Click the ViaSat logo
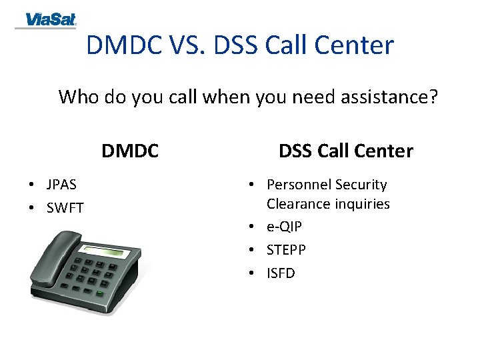[46, 20]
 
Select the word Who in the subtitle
[78, 97]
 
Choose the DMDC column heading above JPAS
[130, 151]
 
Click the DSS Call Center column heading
[345, 151]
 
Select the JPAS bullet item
[61, 185]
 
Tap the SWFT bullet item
[65, 208]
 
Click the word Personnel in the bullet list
[299, 185]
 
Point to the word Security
[361, 185]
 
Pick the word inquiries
[359, 204]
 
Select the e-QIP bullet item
[284, 227]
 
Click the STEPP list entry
[286, 250]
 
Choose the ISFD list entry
[281, 273]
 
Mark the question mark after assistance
[433, 97]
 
